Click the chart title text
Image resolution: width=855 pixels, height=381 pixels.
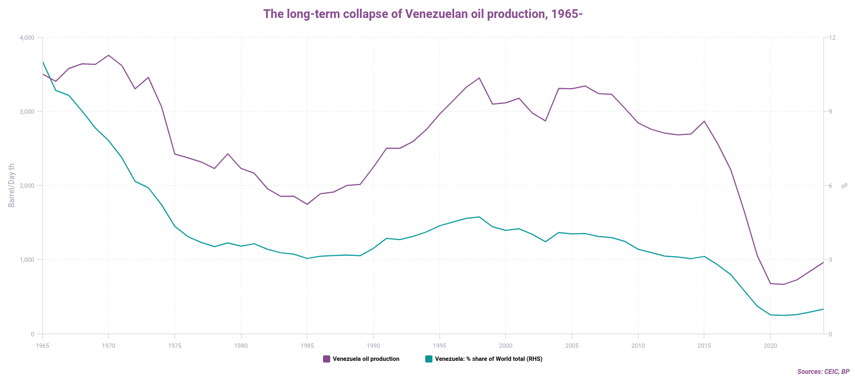(423, 14)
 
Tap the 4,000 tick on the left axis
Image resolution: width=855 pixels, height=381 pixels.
(27, 38)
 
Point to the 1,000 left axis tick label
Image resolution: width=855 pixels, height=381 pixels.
(27, 260)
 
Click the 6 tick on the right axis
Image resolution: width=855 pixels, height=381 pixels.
(831, 186)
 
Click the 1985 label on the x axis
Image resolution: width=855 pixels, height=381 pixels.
(307, 346)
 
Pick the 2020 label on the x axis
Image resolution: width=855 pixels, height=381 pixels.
(770, 346)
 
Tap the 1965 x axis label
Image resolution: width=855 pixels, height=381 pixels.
(42, 346)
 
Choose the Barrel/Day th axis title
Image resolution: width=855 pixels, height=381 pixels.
(11, 186)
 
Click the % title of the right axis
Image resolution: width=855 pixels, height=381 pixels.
(845, 186)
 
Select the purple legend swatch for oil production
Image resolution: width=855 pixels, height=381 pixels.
(326, 359)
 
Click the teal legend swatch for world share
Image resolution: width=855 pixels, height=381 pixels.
(429, 359)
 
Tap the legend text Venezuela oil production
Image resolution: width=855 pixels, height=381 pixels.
(365, 359)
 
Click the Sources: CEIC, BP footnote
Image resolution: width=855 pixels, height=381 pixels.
(823, 372)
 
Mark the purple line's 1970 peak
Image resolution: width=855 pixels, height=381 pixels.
(109, 55)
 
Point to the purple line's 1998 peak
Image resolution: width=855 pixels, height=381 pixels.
(479, 78)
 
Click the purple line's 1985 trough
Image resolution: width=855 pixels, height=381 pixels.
(307, 204)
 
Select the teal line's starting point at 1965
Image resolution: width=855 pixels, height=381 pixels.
(42, 62)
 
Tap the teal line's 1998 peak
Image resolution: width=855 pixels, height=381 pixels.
(479, 217)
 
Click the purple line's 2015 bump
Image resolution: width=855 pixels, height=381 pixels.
(704, 121)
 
